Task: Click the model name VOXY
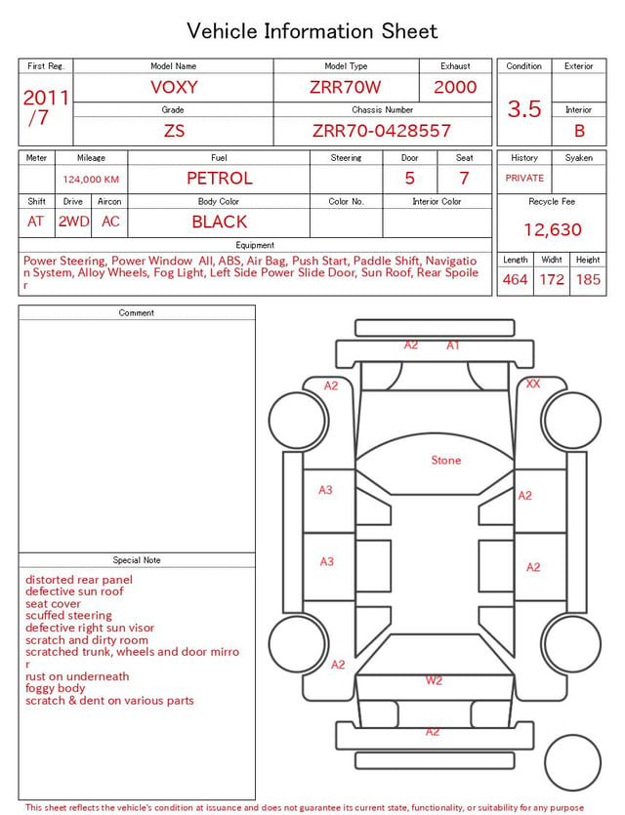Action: click(174, 87)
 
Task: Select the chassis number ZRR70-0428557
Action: click(382, 131)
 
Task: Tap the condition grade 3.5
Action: click(524, 108)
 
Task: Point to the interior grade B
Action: click(579, 131)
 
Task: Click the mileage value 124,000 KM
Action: click(91, 180)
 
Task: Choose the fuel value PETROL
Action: click(220, 179)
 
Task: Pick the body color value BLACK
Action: click(220, 222)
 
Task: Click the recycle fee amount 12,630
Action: click(552, 229)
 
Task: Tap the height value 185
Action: click(588, 279)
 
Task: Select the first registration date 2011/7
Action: click(46, 107)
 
